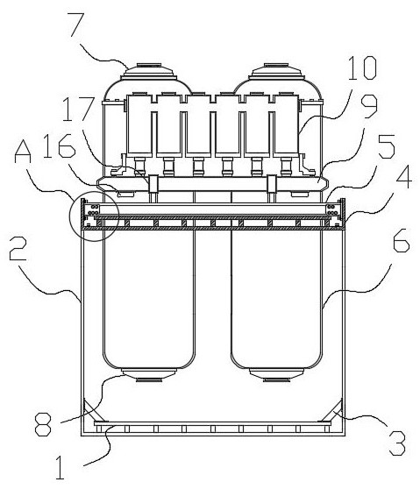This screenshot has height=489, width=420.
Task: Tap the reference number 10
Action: pos(362,67)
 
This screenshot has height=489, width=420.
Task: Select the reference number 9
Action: pos(368,106)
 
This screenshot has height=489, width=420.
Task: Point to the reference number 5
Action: pos(387,146)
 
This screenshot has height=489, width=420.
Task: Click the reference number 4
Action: pos(403,177)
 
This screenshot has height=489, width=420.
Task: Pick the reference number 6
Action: pos(401,240)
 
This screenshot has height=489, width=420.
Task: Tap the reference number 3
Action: pos(397,443)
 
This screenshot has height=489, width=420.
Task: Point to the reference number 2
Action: pos(18,248)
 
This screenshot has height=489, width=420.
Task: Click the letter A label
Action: pos(23,151)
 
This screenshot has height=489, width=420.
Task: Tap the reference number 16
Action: pos(60,146)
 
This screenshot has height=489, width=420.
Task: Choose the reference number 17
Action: pos(78,109)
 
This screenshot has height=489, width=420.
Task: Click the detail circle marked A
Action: pos(94,216)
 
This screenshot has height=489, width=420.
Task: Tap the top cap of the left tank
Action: pos(149,72)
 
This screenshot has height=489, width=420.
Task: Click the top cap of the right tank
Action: pos(276,72)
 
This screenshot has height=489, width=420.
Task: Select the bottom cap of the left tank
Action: pos(149,375)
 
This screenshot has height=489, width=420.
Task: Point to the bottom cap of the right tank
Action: pos(276,375)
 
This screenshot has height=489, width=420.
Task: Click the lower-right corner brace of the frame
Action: pos(331,410)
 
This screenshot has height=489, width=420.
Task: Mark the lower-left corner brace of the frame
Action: pos(95,410)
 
